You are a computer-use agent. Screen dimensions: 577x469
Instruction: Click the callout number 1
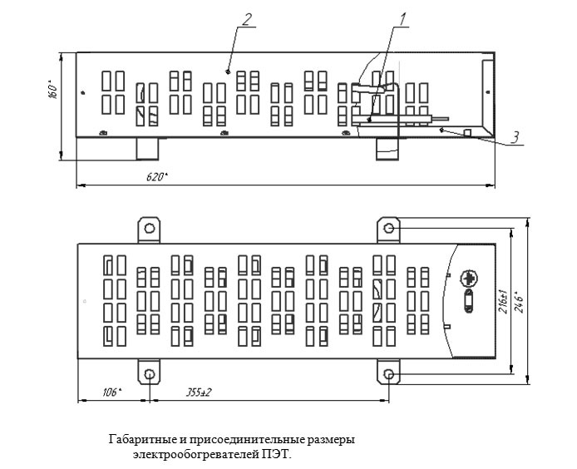pos(403,19)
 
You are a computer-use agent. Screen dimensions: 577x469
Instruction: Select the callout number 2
pos(247,19)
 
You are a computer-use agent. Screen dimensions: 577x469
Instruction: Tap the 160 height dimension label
pos(53,90)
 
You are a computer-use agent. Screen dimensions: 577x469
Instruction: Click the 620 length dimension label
pos(157,177)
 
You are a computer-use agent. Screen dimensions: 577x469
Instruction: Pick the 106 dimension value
pos(112,392)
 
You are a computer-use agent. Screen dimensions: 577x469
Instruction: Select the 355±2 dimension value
pos(199,392)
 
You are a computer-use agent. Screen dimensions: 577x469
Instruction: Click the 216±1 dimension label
pos(503,302)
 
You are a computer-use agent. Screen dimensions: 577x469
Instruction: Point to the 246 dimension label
pos(520,302)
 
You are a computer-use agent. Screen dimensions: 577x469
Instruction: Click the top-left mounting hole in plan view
pos(150,228)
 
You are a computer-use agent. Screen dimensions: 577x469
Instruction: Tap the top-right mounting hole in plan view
pos(388,229)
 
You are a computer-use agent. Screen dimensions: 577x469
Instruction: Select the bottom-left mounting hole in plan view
pos(150,375)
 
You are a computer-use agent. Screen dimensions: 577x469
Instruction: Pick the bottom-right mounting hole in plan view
pos(388,375)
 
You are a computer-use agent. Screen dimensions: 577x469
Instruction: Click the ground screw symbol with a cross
pos(469,279)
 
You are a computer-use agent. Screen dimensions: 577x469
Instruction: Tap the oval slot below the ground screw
pos(468,301)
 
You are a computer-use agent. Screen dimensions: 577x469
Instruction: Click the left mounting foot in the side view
pos(147,149)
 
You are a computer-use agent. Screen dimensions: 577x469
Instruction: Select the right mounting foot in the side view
pos(387,149)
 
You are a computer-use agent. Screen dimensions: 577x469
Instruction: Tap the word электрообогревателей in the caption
pos(196,455)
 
